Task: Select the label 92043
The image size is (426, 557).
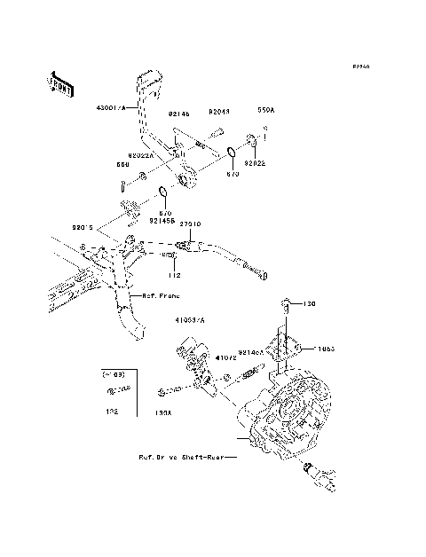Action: [x=219, y=113]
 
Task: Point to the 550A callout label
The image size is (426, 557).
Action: [x=266, y=113]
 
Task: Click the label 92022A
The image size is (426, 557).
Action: [x=139, y=154]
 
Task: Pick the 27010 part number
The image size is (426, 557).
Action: [x=190, y=224]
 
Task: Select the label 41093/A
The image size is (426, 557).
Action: [x=189, y=318]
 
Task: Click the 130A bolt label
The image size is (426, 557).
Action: [x=163, y=412]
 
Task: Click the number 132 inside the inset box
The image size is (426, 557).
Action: [x=112, y=412]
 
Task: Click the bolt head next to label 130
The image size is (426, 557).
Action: [x=286, y=304]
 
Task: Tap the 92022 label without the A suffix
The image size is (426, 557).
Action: [x=255, y=165]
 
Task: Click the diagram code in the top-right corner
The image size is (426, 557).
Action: [x=360, y=67]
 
